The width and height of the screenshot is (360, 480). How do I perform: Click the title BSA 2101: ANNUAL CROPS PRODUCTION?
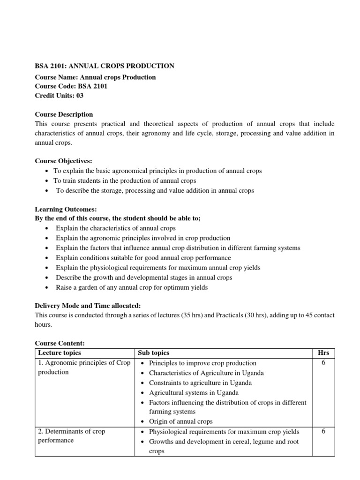[x=105, y=66]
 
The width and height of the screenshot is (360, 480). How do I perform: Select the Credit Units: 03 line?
[x=60, y=95]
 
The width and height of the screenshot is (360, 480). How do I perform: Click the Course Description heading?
[x=64, y=114]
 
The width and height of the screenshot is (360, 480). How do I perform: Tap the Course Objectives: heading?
[x=64, y=161]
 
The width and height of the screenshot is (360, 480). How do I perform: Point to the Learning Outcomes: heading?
[x=66, y=209]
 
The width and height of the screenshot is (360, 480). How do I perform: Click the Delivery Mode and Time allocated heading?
[x=88, y=306]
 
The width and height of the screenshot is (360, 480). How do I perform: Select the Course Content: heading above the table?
[x=60, y=344]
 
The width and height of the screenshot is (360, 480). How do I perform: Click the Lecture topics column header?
[x=60, y=353]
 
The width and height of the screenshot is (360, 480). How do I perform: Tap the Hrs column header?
[x=323, y=353]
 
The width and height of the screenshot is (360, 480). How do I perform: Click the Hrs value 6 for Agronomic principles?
[x=323, y=363]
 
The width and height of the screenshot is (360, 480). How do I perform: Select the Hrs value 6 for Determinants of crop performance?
[x=323, y=431]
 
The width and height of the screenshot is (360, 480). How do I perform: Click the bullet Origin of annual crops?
[x=180, y=421]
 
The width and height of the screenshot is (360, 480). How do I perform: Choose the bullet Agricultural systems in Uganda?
[x=194, y=392]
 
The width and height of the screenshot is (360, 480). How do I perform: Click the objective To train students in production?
[x=125, y=180]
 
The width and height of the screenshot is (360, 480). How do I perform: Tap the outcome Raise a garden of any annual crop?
[x=131, y=287]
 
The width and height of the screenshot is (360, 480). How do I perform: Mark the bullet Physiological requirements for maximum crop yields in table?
[x=224, y=431]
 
